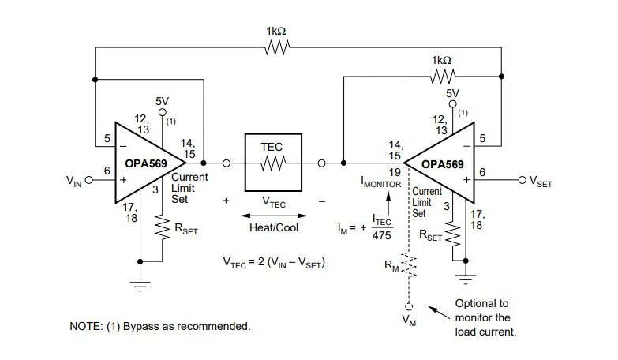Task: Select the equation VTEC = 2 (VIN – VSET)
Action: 274,261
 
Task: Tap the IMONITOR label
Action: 382,182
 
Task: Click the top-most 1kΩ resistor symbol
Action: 276,48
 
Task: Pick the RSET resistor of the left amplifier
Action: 163,230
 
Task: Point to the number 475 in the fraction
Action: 382,235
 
